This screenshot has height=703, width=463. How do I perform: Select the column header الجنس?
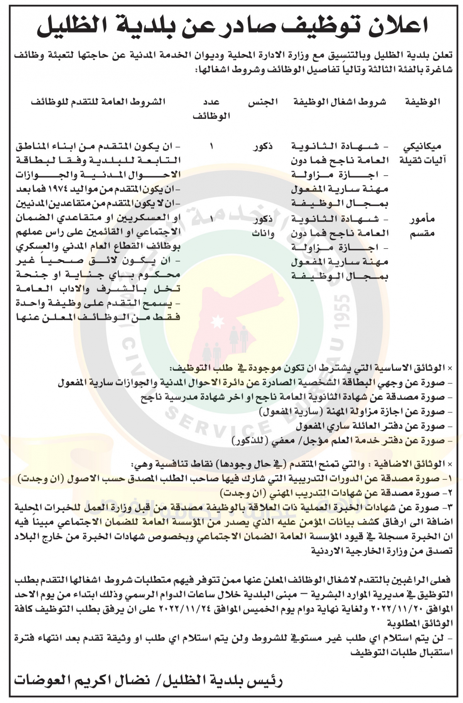tap(263, 102)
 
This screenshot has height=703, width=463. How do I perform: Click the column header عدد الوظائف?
tap(211, 109)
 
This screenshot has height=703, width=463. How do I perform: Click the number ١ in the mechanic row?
tap(211, 147)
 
